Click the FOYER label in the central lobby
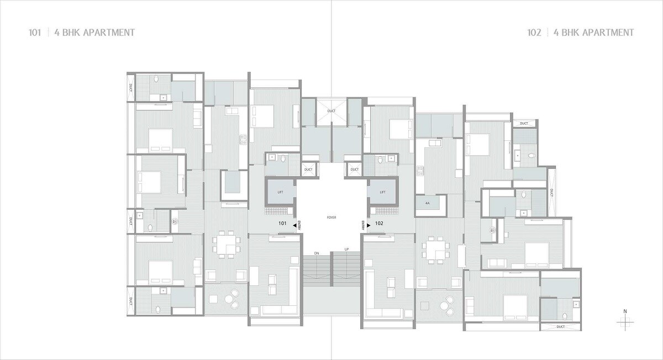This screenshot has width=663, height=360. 331,218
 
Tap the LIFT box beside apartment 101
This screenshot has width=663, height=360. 280,192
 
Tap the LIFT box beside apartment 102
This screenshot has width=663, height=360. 382,192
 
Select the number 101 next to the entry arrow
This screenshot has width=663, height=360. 282,224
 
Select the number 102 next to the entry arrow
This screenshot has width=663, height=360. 379,224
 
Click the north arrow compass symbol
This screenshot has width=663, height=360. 625,320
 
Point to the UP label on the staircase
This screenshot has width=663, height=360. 346,250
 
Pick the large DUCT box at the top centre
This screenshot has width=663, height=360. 331,111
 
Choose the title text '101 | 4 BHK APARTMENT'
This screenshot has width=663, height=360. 81,33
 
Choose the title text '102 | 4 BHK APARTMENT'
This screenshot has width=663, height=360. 581,33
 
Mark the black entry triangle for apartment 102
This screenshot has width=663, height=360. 369,224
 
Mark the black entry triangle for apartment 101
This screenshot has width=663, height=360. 294,224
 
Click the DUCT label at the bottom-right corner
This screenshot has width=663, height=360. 561,327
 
